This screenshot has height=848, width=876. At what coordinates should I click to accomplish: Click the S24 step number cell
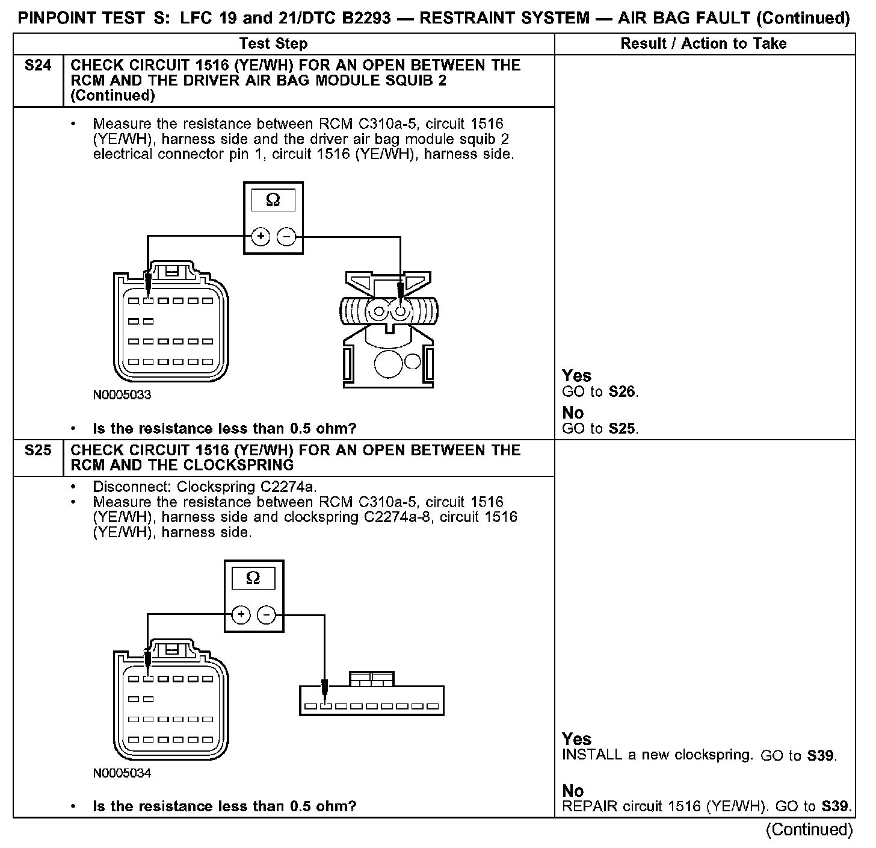38,66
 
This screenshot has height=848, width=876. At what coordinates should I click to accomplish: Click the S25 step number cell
38,450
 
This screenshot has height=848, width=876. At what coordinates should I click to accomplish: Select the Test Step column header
273,44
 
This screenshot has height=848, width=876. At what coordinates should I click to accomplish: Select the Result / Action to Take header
703,44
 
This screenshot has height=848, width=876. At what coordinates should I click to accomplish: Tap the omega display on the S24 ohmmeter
273,201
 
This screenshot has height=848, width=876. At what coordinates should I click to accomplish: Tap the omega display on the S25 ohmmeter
253,579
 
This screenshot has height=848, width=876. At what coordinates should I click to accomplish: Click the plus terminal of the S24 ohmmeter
261,237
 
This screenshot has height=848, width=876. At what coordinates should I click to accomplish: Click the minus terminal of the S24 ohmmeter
286,237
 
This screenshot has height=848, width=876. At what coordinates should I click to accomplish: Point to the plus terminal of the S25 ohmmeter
241,615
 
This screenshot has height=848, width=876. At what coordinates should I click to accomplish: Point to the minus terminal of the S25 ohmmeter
267,615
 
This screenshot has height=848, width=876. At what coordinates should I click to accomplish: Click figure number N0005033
122,396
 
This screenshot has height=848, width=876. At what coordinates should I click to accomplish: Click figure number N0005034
122,773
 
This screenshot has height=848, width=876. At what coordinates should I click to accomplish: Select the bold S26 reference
622,392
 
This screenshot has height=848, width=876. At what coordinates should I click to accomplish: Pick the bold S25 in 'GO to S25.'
622,429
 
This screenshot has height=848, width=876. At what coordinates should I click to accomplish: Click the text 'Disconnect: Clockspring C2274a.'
205,487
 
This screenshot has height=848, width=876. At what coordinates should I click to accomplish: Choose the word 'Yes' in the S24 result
576,376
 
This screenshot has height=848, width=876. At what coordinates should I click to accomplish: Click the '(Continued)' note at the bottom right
809,830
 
